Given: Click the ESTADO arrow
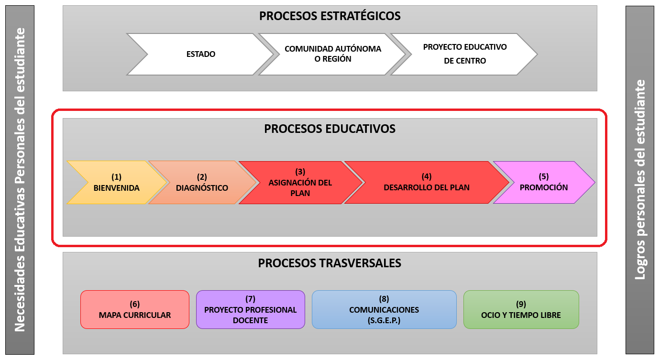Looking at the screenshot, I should [x=201, y=54].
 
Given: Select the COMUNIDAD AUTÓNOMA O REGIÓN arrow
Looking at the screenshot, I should [x=332, y=54].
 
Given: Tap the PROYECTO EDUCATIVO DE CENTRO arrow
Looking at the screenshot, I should [x=464, y=54].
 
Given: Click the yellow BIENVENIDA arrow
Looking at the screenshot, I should [x=116, y=183].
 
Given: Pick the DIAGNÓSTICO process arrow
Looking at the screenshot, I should [x=202, y=183].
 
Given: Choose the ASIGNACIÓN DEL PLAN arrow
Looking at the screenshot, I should [x=300, y=183].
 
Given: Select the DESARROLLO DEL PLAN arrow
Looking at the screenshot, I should [x=426, y=183].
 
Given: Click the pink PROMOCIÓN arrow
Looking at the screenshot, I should [x=544, y=183].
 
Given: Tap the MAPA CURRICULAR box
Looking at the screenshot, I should [x=135, y=310].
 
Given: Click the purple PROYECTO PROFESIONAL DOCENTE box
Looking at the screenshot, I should [x=250, y=310].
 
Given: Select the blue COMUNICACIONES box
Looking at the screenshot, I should [x=384, y=310].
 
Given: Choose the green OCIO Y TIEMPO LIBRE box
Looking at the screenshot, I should [x=521, y=310].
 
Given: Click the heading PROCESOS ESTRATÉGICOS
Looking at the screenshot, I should [x=330, y=16].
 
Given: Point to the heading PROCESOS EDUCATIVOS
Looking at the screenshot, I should [x=330, y=129].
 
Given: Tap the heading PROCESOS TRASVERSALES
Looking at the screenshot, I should [x=330, y=263].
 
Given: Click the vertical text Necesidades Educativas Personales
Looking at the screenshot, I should [x=20, y=180].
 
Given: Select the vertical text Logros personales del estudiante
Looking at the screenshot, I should [x=639, y=180].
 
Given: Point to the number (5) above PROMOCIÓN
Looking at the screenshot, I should [x=544, y=176].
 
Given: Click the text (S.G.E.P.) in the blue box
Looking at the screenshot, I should [x=384, y=320].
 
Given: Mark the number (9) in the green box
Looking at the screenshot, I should [x=521, y=304].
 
